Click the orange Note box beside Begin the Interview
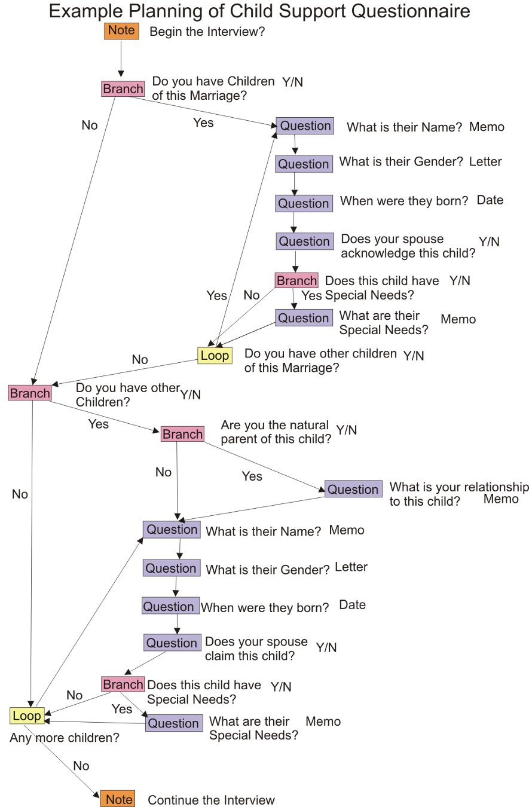(x=121, y=30)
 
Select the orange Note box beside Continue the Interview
(x=118, y=799)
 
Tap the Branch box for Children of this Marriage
(x=123, y=89)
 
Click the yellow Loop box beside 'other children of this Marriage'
(x=215, y=356)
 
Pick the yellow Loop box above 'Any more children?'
(x=26, y=716)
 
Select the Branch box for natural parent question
(x=182, y=434)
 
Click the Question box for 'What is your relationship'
(x=353, y=489)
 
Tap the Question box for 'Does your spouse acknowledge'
(x=304, y=242)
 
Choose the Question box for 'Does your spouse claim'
(x=172, y=643)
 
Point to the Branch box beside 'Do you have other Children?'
(x=30, y=393)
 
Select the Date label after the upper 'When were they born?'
(x=490, y=200)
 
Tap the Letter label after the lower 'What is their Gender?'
(x=351, y=567)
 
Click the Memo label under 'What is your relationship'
(x=500, y=499)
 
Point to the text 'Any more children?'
(x=64, y=738)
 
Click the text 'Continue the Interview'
(x=211, y=800)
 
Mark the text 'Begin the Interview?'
(x=207, y=32)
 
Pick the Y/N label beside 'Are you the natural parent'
(x=346, y=430)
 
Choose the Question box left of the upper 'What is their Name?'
(x=305, y=126)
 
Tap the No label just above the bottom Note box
(x=81, y=766)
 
